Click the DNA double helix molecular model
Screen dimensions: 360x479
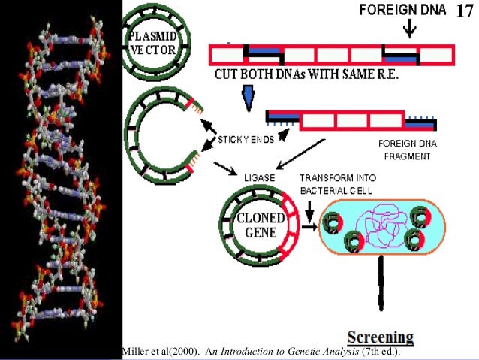pos(61,180)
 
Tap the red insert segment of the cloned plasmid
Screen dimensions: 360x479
pos(286,225)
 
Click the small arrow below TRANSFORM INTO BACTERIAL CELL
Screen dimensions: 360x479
pos(310,203)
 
